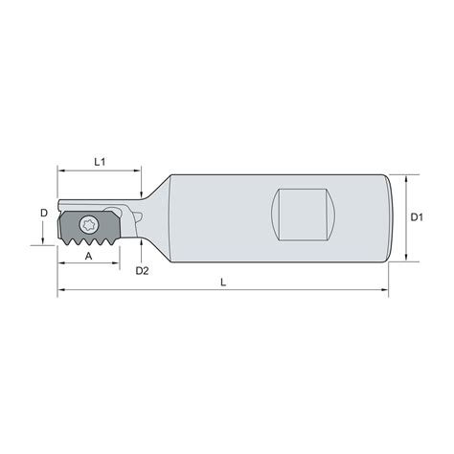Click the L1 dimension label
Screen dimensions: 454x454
(x=100, y=164)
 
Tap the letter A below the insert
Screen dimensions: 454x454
(x=89, y=257)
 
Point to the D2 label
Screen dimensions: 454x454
(x=142, y=271)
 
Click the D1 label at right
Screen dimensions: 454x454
(x=417, y=217)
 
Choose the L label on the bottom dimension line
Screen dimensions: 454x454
(x=224, y=282)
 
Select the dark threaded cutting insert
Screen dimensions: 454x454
(x=91, y=231)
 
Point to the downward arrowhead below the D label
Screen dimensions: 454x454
(x=44, y=239)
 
